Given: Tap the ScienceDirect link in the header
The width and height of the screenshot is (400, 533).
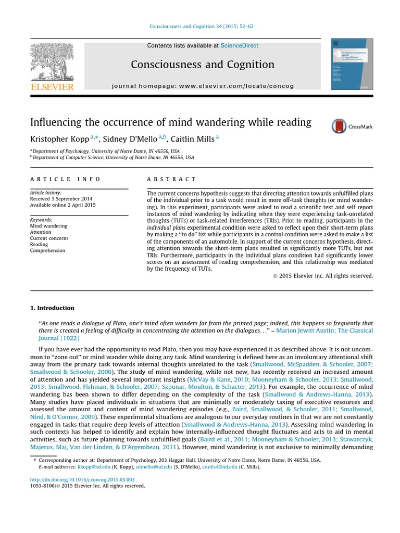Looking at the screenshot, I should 239,46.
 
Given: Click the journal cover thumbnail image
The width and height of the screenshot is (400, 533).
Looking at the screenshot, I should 352,64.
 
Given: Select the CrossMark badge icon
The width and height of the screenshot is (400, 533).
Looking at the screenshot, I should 339,126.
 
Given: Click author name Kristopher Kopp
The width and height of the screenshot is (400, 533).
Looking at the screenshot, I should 59,139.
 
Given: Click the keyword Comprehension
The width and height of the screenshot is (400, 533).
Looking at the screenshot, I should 47,250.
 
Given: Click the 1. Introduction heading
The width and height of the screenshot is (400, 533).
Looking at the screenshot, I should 52,308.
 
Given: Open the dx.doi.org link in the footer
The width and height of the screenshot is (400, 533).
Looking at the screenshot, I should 82,479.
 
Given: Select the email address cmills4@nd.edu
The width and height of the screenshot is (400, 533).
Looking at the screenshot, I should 217,467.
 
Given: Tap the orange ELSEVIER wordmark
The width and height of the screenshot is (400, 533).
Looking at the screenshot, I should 52,87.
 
